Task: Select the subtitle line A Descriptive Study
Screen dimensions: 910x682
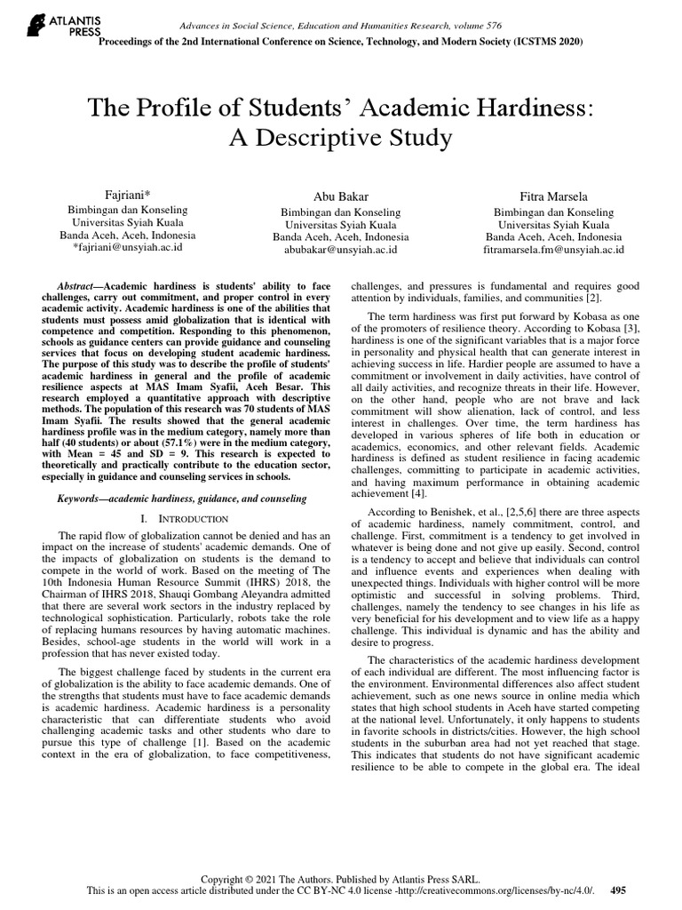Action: click(x=341, y=139)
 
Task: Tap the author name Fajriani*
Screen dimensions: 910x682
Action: click(x=128, y=194)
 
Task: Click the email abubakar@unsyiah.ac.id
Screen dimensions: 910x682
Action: click(x=341, y=251)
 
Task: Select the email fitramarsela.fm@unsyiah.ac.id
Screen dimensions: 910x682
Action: click(x=553, y=251)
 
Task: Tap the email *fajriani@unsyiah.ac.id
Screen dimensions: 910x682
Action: click(x=128, y=249)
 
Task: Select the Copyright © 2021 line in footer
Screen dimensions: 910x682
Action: click(x=341, y=875)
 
